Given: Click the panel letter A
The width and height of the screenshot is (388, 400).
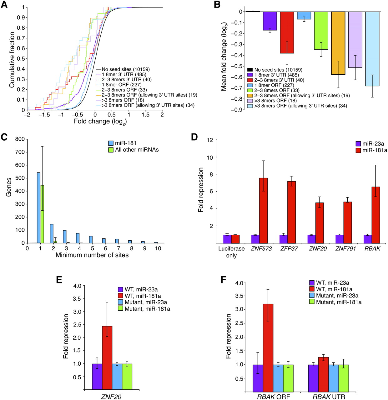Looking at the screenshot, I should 4,5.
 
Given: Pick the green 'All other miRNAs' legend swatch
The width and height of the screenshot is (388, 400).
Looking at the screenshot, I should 111,150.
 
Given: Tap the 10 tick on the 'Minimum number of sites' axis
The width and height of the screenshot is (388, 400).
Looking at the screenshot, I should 158,248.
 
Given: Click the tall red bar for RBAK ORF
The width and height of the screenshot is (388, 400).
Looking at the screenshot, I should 268,347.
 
